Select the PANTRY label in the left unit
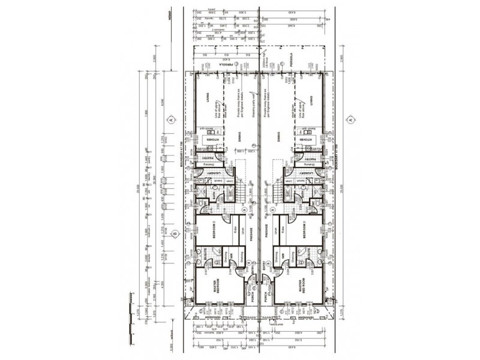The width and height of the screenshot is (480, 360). point(206,154)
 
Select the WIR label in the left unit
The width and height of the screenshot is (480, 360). point(230,255)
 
